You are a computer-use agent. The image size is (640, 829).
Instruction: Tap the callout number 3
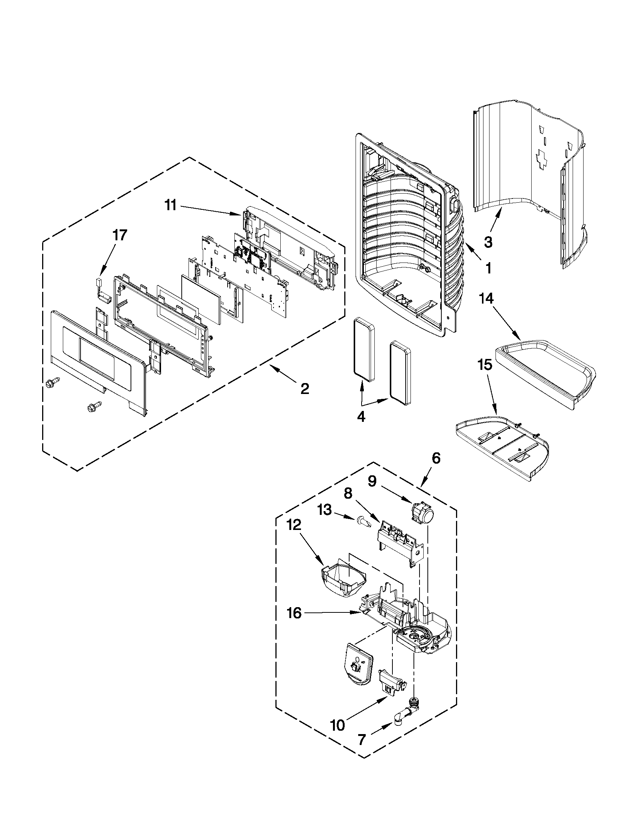click(x=488, y=242)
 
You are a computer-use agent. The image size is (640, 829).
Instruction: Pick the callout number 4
click(x=361, y=417)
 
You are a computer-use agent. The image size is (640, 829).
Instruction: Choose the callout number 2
click(x=304, y=388)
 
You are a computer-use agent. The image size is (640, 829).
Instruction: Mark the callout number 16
click(x=294, y=613)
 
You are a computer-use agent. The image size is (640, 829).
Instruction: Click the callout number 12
click(x=294, y=525)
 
